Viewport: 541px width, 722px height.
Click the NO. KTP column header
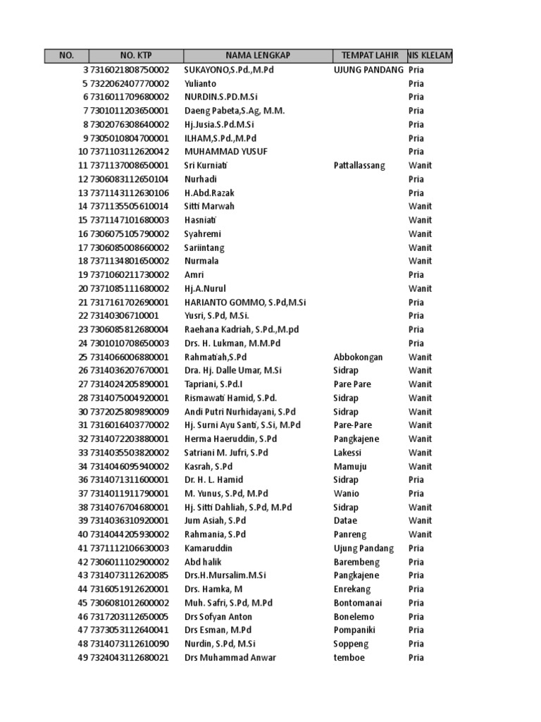click(136, 56)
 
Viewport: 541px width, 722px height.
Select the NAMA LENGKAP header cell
click(258, 56)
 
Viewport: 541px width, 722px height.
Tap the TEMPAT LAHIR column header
click(370, 56)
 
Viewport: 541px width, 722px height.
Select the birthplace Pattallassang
click(359, 166)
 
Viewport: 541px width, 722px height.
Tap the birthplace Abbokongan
click(358, 357)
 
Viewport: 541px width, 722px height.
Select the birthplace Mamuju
click(350, 466)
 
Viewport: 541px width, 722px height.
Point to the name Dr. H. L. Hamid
click(214, 479)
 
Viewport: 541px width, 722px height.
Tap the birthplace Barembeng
click(356, 562)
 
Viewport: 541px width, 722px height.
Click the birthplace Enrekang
click(353, 589)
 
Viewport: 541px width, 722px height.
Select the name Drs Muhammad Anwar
click(230, 657)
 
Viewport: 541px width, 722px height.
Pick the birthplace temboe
click(349, 657)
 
